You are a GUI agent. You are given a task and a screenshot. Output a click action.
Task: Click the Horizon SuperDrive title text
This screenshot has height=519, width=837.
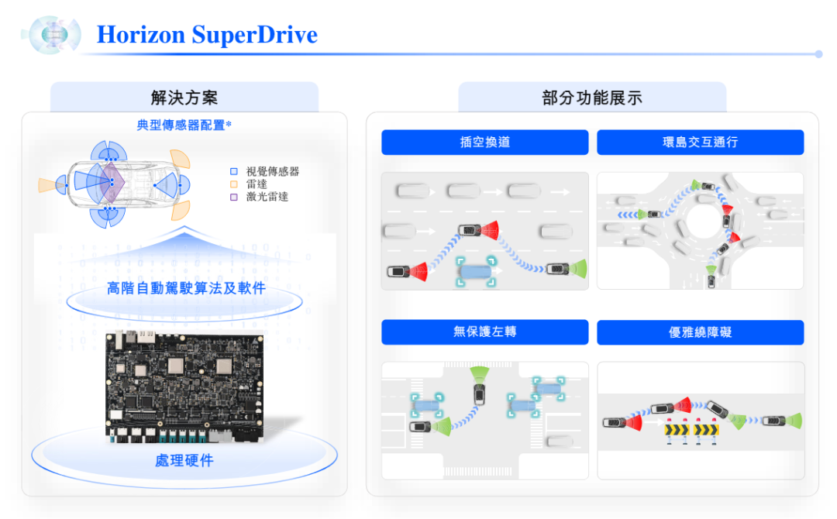point(207,35)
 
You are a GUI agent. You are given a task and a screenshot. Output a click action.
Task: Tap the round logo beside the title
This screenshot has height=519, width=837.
point(52,35)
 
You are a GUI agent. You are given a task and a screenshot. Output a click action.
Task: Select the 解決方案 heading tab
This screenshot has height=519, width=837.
point(184,97)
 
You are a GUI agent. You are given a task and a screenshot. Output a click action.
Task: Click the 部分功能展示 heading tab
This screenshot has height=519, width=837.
point(592,97)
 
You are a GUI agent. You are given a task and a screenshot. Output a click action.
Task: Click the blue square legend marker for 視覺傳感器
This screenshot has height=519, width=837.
point(234,171)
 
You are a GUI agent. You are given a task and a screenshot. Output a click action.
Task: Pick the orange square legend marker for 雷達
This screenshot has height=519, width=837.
point(234,184)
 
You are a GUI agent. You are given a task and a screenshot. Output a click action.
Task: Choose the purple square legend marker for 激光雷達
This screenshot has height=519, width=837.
point(234,197)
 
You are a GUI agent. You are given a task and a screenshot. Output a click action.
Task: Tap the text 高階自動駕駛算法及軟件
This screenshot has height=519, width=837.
point(186,288)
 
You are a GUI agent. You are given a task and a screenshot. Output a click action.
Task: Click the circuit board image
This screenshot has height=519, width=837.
point(184,387)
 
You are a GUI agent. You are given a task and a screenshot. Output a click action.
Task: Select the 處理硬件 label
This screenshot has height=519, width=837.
point(184,460)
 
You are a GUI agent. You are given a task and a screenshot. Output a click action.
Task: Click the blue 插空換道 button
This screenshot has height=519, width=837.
point(484,143)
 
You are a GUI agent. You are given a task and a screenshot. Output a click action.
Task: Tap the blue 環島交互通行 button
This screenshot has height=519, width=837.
point(701,143)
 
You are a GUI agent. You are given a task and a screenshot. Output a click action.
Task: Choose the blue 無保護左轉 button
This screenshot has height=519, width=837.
point(484,332)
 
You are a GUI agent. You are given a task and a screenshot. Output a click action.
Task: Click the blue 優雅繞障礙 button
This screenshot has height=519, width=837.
point(701,332)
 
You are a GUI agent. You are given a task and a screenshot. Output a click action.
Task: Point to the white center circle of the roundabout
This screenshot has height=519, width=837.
point(704,221)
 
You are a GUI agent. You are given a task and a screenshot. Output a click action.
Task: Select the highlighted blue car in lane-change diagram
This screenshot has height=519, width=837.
point(476,271)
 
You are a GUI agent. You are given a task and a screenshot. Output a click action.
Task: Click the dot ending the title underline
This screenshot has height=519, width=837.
point(819,54)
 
